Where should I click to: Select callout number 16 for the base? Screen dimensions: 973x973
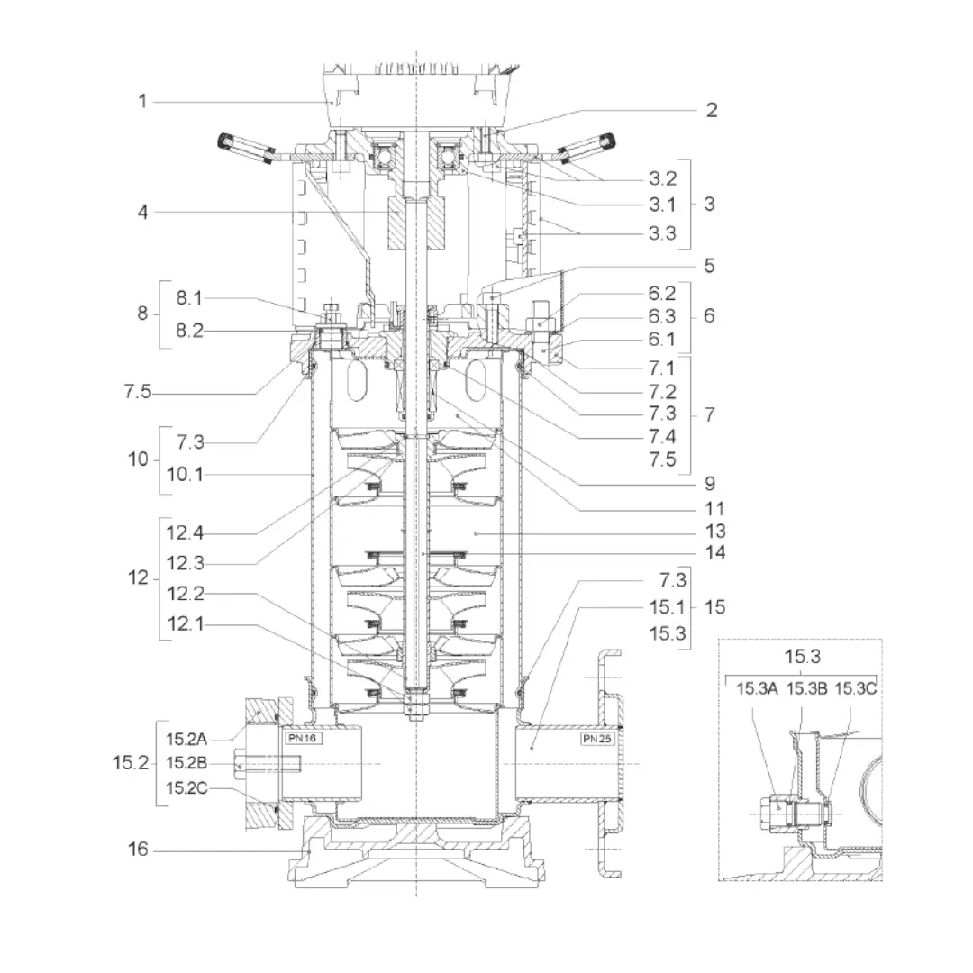(x=139, y=850)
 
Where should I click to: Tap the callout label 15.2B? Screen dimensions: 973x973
(x=186, y=764)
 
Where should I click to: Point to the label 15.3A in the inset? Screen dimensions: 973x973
(x=757, y=689)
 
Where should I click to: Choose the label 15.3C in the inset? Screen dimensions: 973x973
(x=855, y=689)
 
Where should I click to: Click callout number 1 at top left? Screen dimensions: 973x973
(x=142, y=101)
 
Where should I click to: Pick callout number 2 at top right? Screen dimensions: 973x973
(x=712, y=110)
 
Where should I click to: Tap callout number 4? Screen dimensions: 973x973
(x=142, y=213)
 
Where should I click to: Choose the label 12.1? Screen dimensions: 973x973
(x=185, y=623)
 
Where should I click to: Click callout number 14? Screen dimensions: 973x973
(x=716, y=552)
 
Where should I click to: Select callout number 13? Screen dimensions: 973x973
(x=716, y=531)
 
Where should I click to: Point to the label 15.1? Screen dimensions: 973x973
(x=668, y=607)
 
